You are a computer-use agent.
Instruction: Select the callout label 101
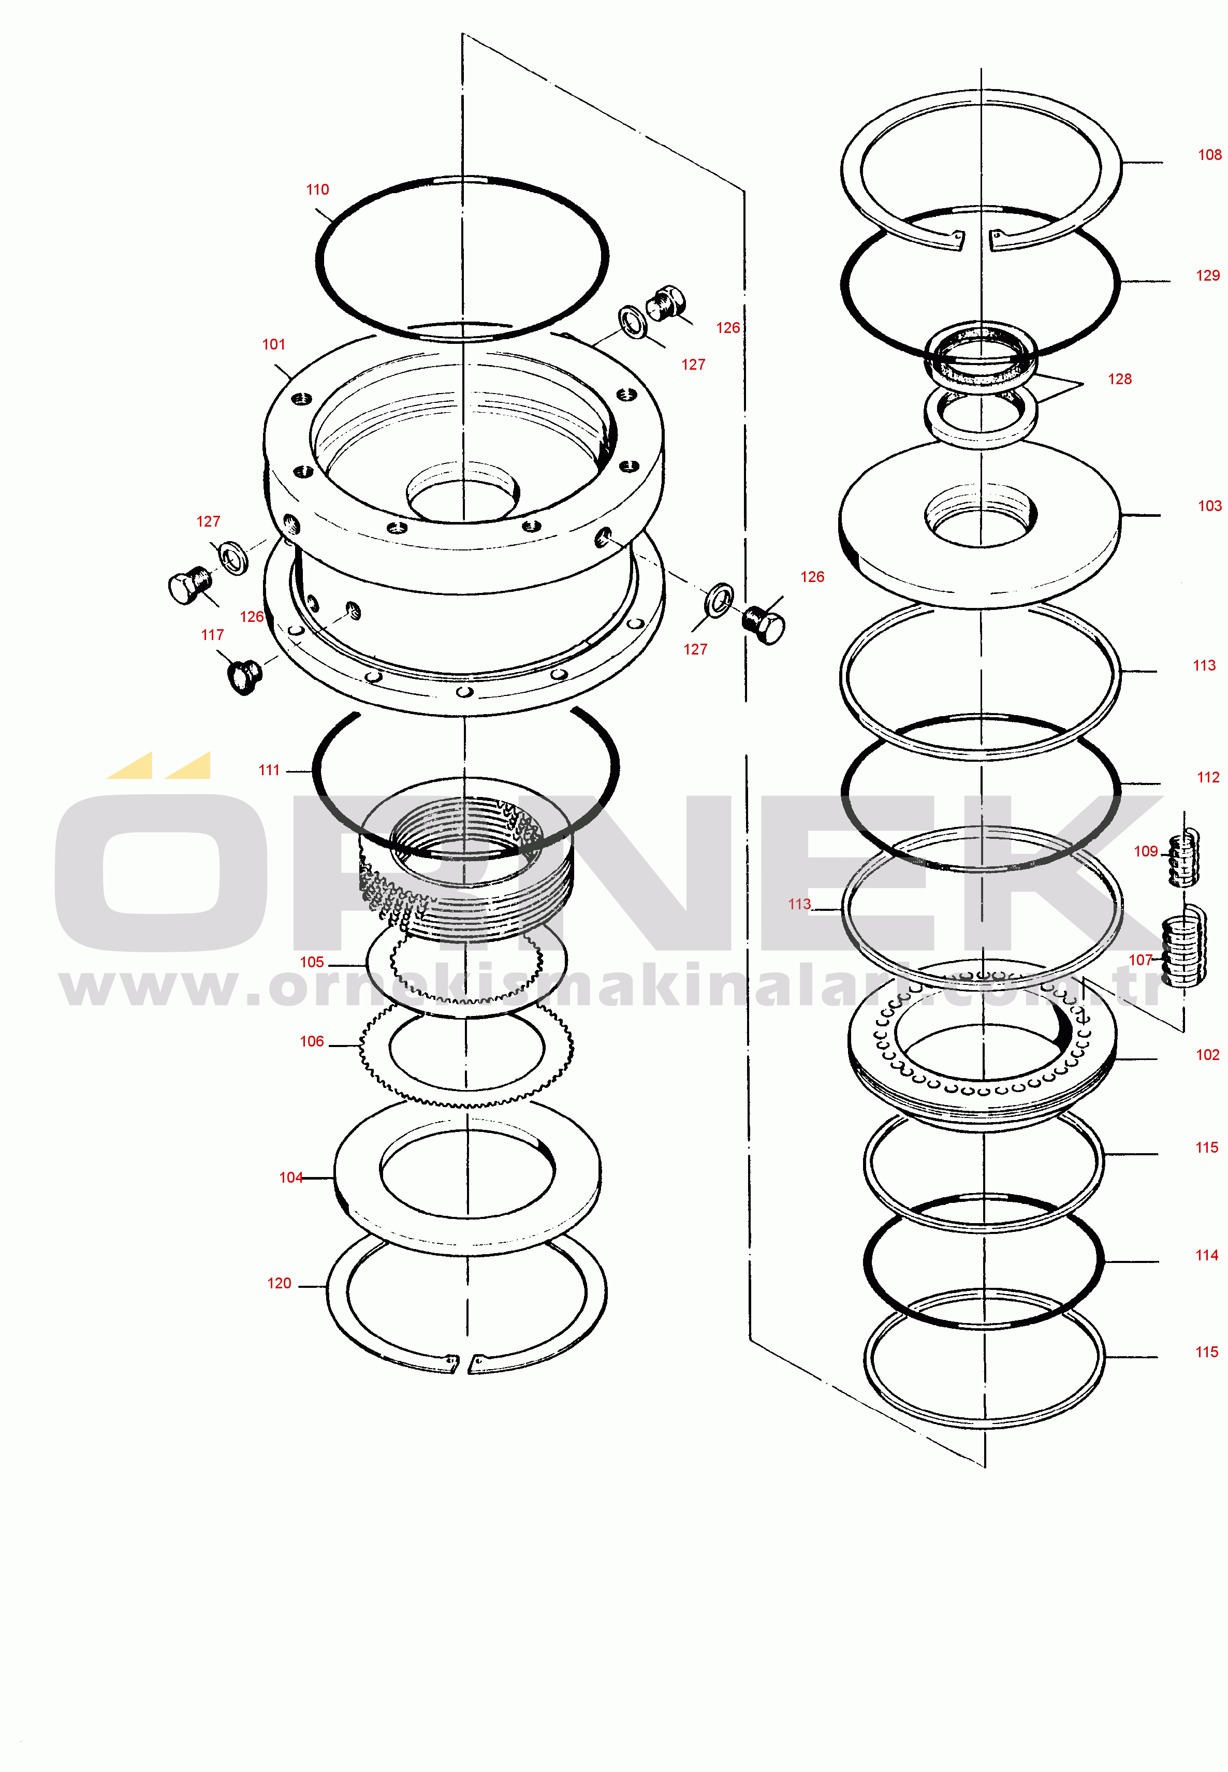(273, 345)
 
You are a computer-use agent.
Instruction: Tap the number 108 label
(1209, 155)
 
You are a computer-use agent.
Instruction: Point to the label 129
(1208, 275)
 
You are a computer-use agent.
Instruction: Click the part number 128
(1119, 380)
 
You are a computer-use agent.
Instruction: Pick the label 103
(1209, 506)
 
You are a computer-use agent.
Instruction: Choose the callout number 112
(1208, 778)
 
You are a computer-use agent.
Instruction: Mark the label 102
(1207, 1055)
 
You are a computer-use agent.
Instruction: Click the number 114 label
(1206, 1255)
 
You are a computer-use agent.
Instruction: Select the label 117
(212, 635)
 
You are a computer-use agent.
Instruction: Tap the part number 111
(269, 770)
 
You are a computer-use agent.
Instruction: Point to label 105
(312, 963)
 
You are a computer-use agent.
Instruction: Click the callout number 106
(312, 1042)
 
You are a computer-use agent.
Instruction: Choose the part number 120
(279, 1283)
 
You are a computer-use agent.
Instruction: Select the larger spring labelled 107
(1184, 947)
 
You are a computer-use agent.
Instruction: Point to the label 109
(1146, 852)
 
